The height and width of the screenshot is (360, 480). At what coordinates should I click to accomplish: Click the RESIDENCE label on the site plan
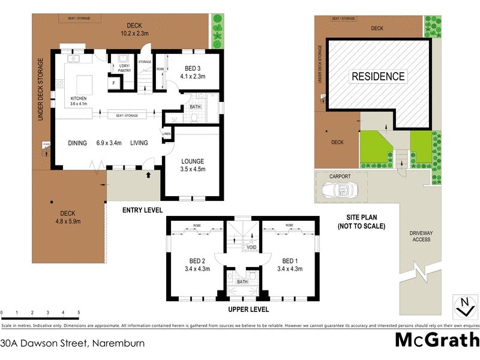(x=378, y=76)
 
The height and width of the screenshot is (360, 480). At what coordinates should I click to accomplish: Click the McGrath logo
(x=436, y=340)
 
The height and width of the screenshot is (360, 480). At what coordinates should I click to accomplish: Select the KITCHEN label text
(x=79, y=98)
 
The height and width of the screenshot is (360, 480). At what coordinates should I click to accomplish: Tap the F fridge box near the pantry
(x=114, y=83)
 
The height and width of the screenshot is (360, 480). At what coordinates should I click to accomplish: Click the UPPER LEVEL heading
(x=248, y=310)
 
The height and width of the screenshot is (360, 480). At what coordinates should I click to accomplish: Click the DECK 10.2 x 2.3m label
(x=134, y=29)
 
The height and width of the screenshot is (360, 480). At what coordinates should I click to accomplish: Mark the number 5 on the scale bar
(x=79, y=313)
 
